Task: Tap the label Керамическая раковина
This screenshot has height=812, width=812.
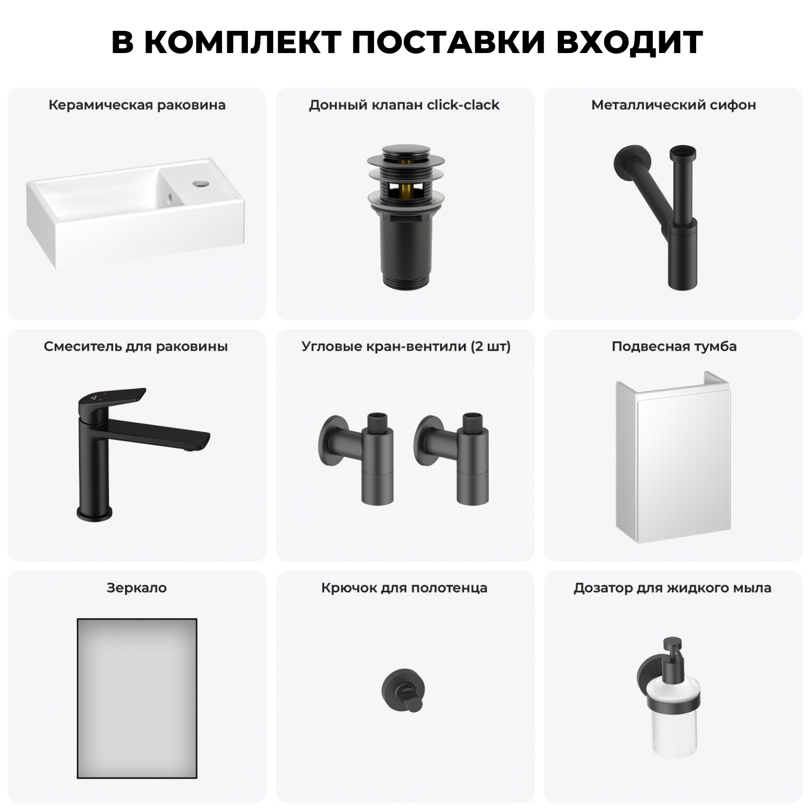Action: (137, 105)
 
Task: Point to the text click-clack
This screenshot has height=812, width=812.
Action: (463, 105)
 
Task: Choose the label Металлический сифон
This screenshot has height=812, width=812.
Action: (673, 105)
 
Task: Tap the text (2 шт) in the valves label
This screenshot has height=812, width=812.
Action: (490, 346)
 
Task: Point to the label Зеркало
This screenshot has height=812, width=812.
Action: (137, 588)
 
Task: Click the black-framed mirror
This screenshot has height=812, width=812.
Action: (137, 698)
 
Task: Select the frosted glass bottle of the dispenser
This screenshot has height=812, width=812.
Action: (674, 725)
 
